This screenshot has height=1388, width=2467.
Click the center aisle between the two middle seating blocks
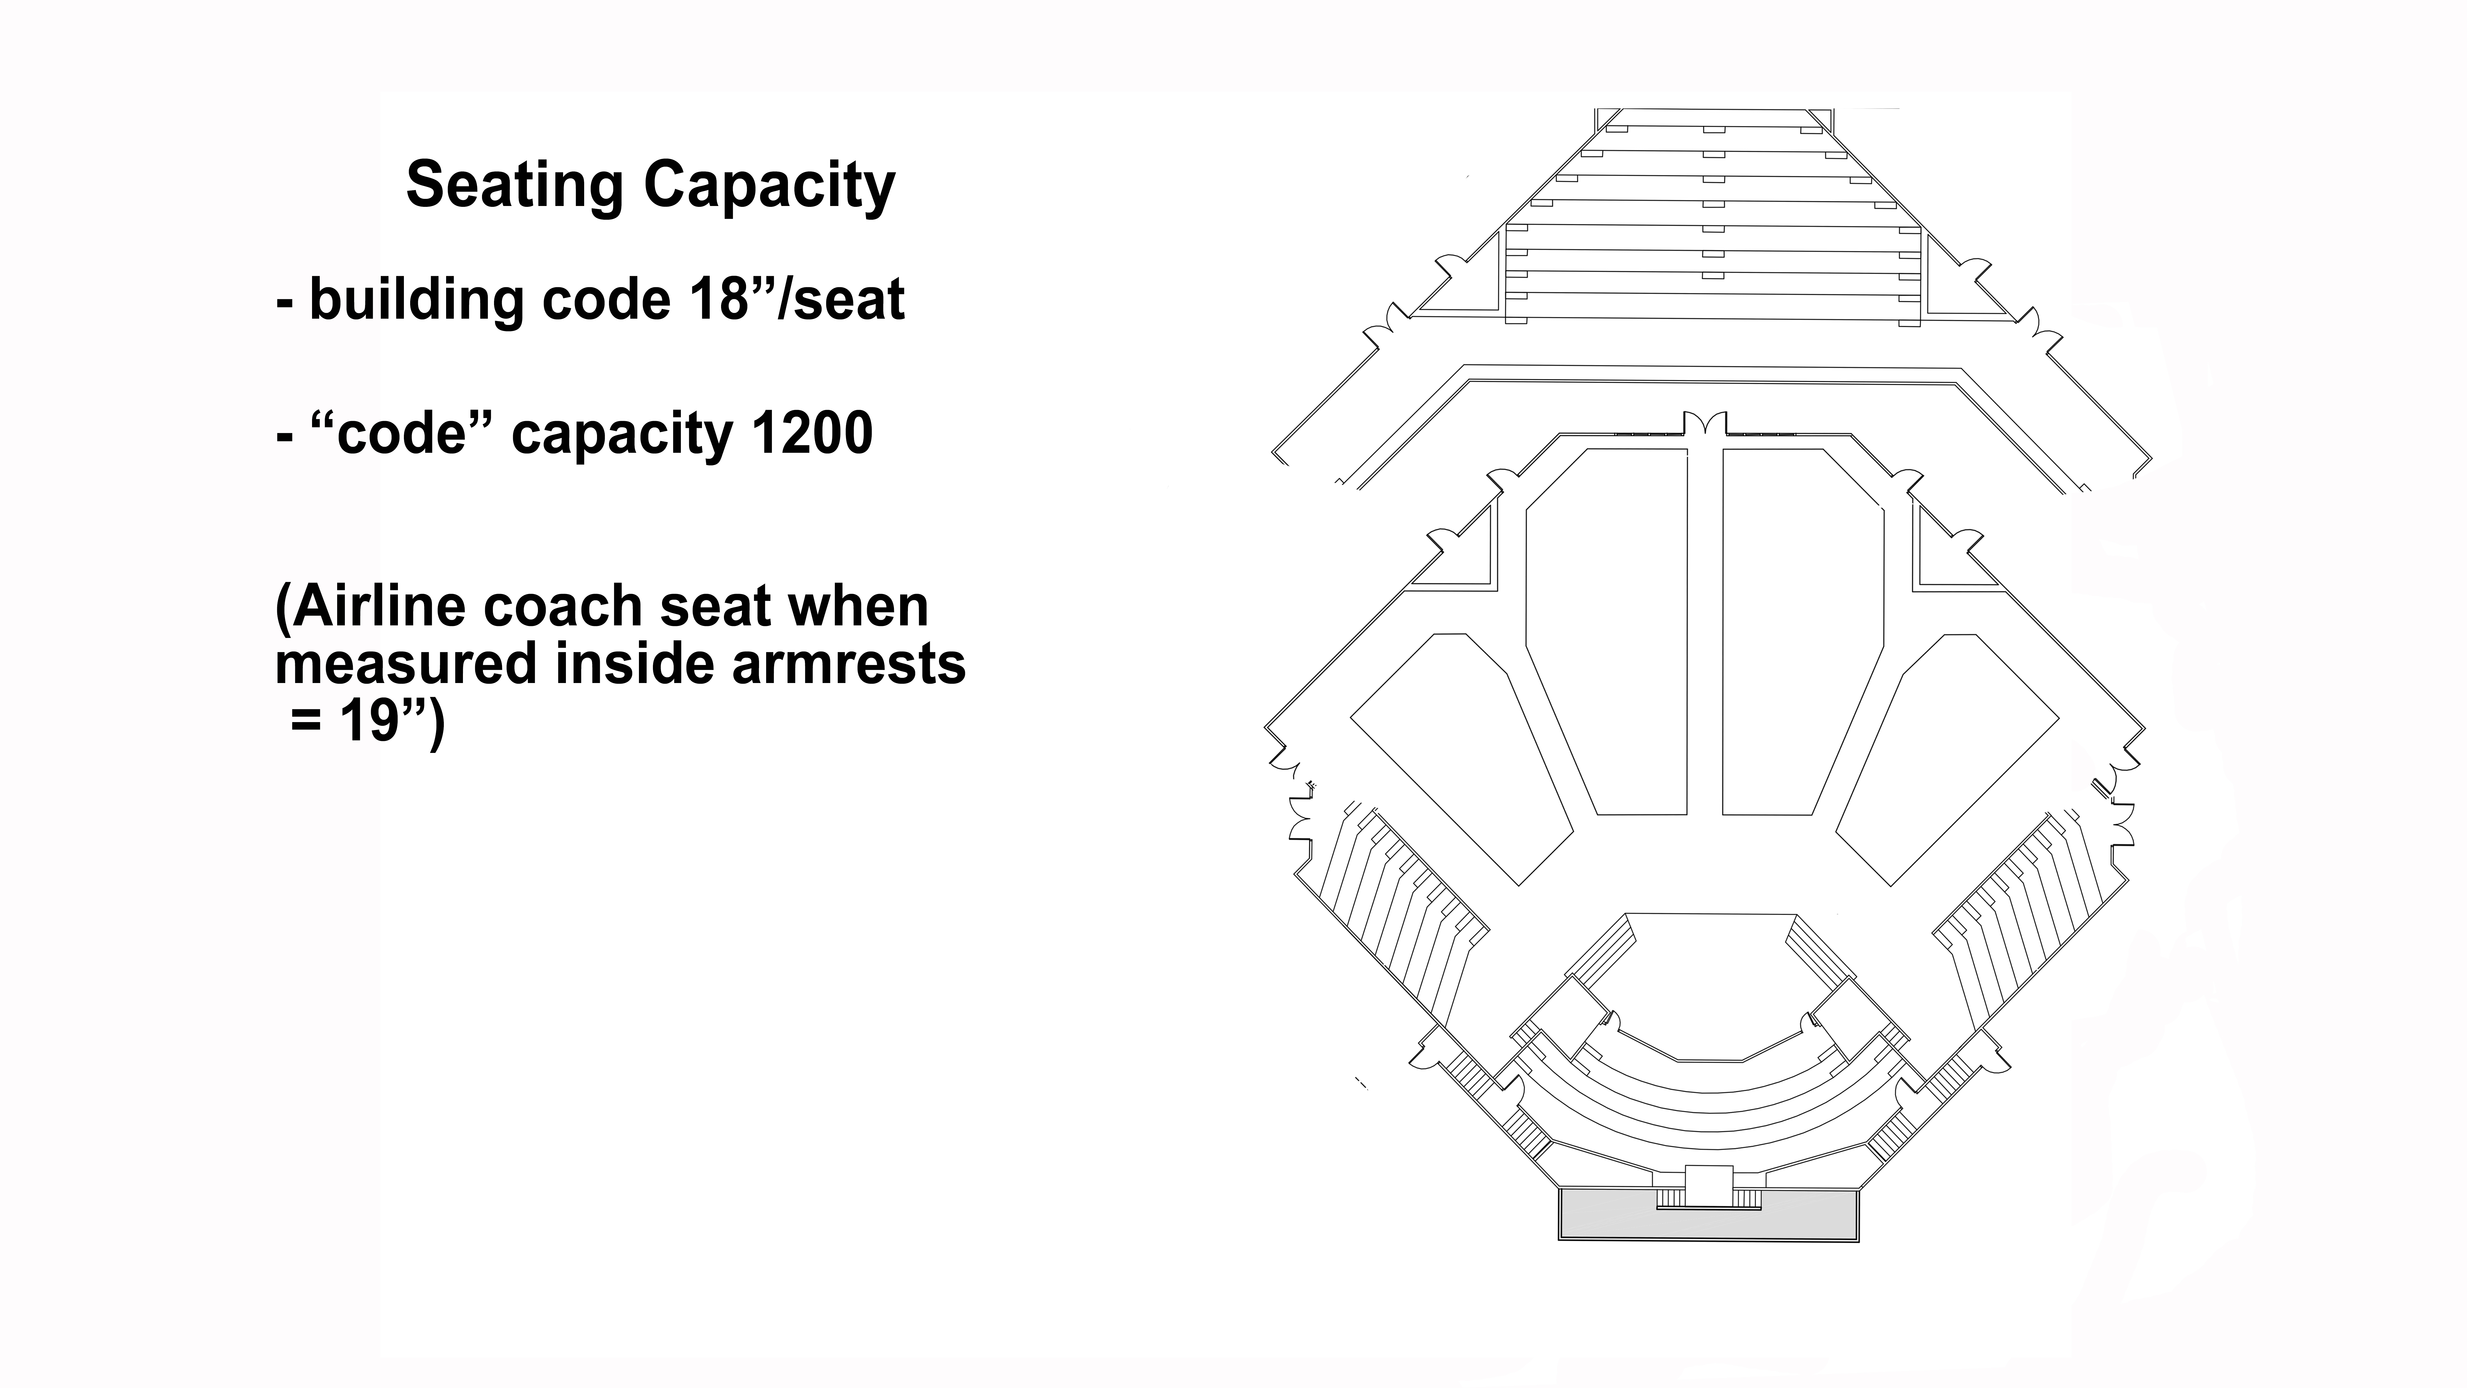[1705, 632]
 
